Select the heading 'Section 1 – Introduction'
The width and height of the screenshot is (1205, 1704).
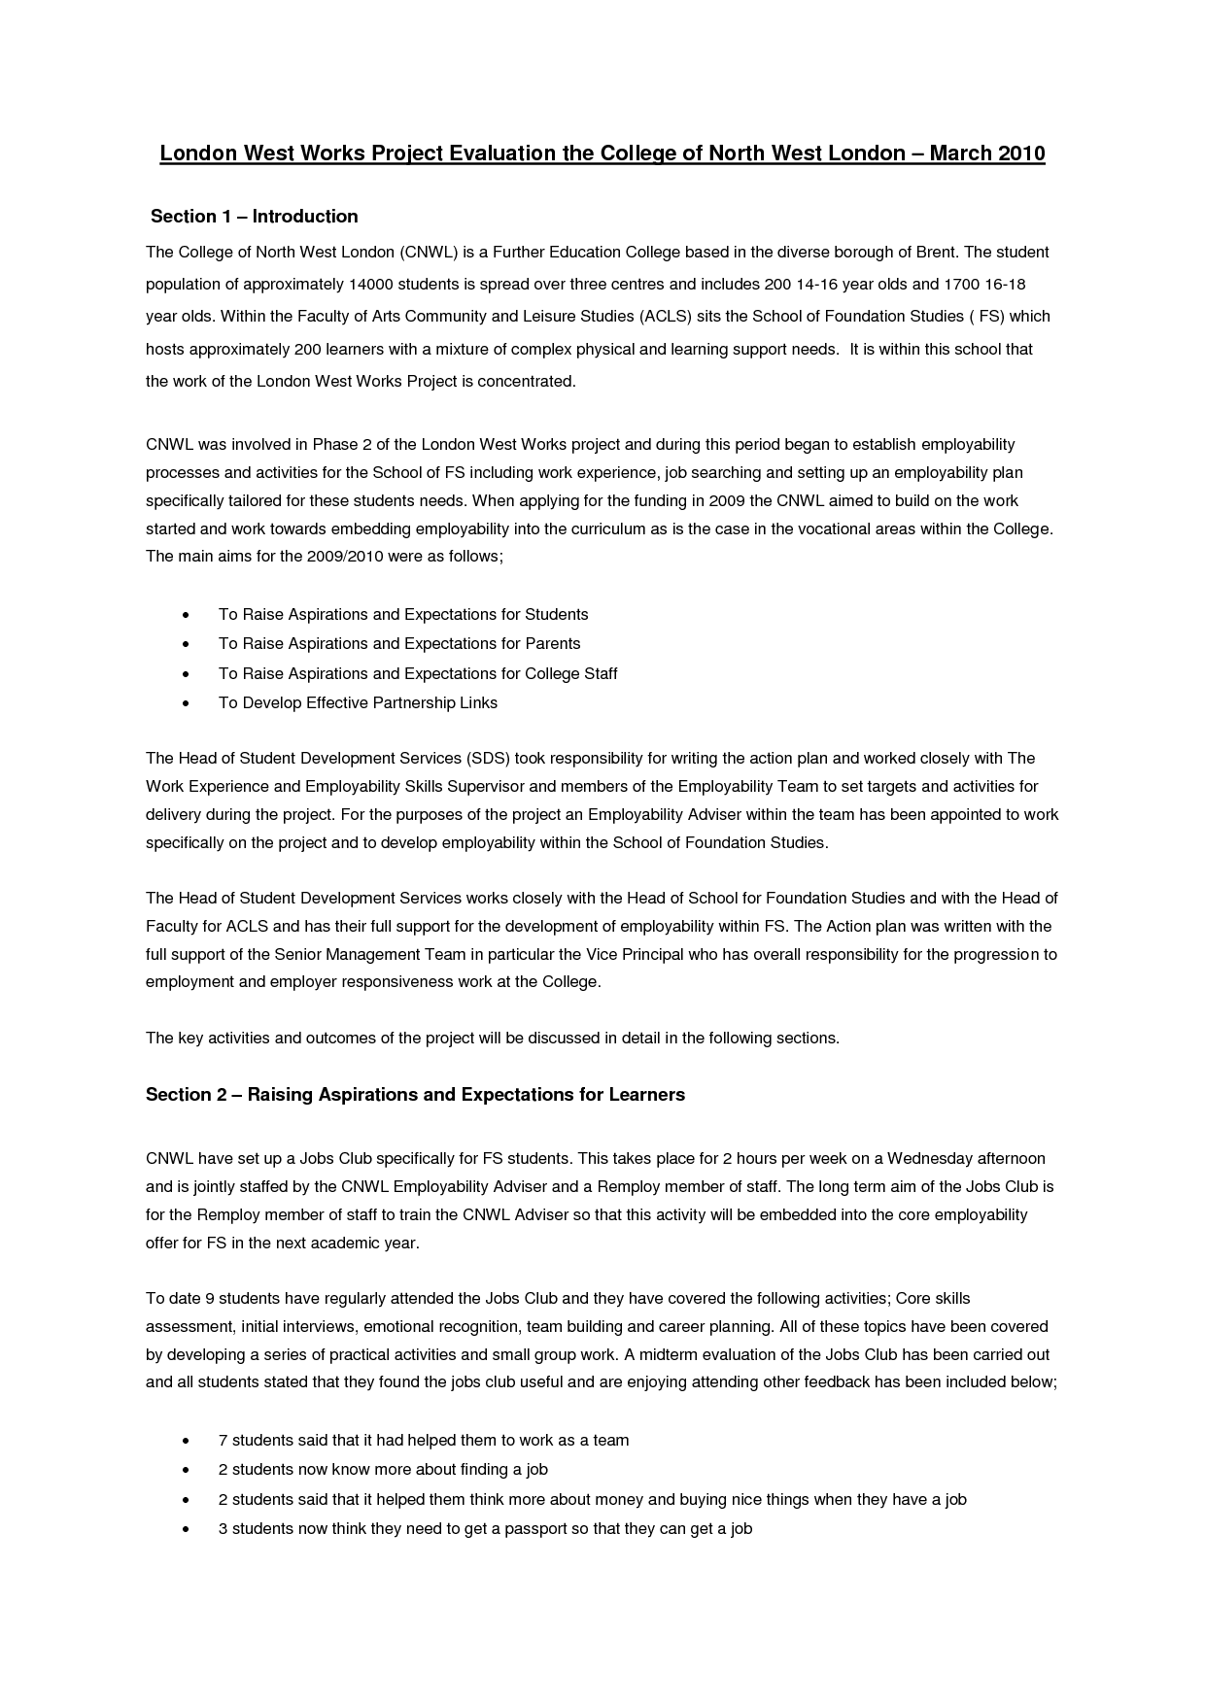pos(255,217)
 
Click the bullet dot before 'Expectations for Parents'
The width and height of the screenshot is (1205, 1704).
pos(185,645)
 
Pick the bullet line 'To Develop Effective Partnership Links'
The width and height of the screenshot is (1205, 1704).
pos(358,703)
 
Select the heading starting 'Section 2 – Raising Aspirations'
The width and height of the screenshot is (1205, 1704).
pos(415,1095)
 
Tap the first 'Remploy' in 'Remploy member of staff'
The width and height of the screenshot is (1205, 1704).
pos(629,1187)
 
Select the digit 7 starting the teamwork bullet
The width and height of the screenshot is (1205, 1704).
pos(223,1441)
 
